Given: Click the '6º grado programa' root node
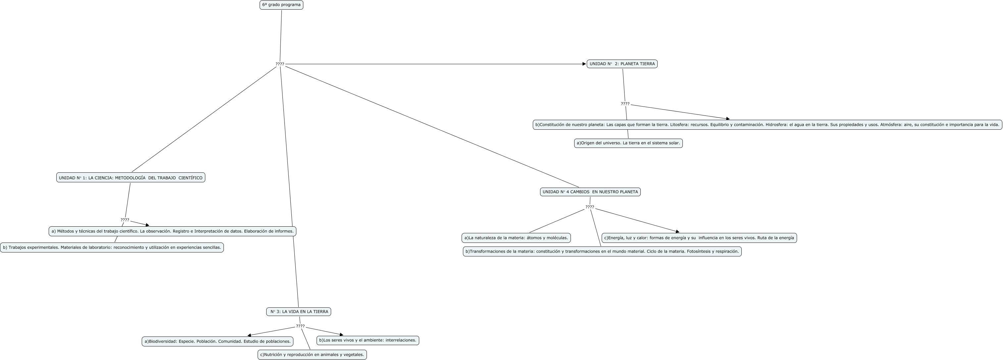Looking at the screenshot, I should coord(281,5).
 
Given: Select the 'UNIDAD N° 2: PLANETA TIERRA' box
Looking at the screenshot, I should coord(622,64).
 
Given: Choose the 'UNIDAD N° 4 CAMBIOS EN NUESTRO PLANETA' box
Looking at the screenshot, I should coord(590,192).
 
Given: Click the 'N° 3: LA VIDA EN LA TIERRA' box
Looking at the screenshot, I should coord(299,312).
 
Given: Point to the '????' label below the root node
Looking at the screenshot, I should coord(279,64).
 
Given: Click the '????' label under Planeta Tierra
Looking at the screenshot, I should coord(625,104).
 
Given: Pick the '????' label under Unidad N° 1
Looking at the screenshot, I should coord(125,220).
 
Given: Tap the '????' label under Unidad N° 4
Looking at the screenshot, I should coord(589,207).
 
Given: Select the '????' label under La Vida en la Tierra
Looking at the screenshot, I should coord(300,326).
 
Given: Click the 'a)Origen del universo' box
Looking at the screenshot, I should coord(628,143).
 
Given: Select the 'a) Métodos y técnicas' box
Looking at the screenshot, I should coord(172,231).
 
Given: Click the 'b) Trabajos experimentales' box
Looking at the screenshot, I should coord(112,247).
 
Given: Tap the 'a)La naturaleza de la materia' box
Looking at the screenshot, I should coord(516,238).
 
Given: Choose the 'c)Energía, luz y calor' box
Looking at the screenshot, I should coord(699,238).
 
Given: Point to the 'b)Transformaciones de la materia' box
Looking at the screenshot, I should coord(602,251).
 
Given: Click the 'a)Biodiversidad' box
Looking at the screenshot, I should coord(217,342).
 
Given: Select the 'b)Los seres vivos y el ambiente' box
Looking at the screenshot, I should coord(368,340).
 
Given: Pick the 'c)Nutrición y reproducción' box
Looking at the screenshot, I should coord(312,355).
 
